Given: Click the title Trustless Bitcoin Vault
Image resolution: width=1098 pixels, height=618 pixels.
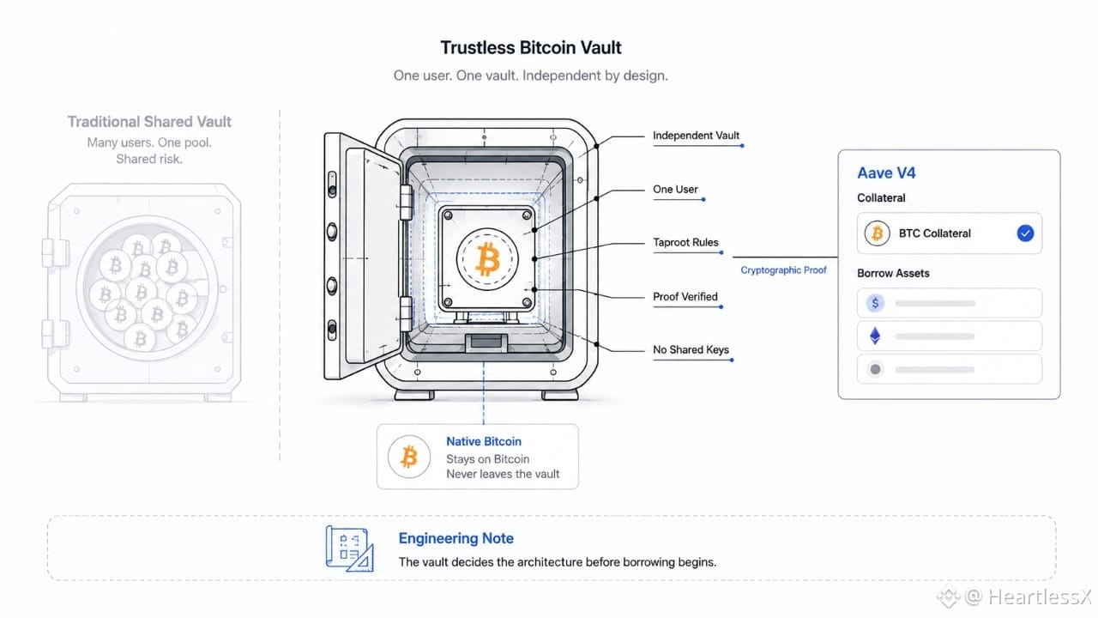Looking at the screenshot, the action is point(530,47).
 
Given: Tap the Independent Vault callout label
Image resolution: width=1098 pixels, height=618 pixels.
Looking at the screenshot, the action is point(696,136).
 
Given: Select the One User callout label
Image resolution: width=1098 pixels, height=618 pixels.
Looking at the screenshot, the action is point(675,190).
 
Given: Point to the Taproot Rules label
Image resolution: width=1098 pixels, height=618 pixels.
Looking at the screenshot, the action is point(685,242).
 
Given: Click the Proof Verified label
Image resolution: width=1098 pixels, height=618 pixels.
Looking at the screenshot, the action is point(685,297).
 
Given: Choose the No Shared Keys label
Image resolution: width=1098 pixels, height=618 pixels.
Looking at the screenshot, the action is point(691,349).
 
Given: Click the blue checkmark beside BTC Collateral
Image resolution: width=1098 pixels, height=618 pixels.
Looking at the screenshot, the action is point(1025,233).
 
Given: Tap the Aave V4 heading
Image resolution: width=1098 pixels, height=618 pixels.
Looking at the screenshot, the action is point(886,173).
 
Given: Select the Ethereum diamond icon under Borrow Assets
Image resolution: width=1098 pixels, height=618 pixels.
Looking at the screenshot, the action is point(875,336).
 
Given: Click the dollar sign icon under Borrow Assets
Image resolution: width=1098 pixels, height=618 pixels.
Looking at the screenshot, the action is point(875,303).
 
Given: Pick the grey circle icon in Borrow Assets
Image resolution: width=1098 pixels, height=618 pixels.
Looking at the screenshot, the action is point(875,369).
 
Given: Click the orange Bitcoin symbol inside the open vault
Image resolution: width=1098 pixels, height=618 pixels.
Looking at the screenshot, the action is point(487,258).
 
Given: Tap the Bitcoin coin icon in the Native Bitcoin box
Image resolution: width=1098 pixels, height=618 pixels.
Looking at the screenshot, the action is point(409,457).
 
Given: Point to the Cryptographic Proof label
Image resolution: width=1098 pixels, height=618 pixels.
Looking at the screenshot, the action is point(783,270).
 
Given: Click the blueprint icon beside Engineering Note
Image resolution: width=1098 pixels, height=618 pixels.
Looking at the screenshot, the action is point(349,548).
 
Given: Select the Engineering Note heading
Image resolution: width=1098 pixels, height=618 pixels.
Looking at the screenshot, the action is point(455,538).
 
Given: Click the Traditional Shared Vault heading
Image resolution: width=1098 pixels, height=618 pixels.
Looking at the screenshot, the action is point(149,122).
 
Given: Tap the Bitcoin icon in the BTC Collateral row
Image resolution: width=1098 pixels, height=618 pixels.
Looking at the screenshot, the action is point(877,233).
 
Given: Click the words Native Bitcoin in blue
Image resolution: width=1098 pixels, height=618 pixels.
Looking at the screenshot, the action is point(483,441).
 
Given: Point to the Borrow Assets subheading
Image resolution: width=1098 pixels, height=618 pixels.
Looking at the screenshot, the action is point(893,273).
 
